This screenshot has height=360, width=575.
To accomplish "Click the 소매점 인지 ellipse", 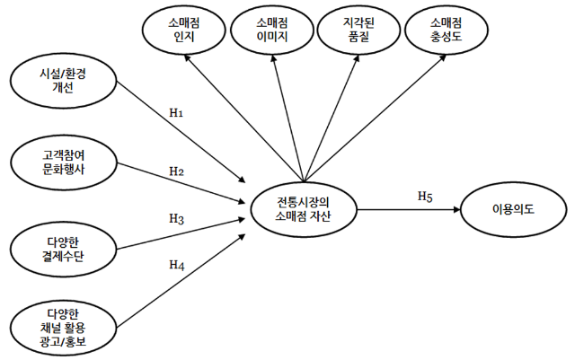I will [x=182, y=31].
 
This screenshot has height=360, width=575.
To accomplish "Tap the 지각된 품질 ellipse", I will [x=358, y=31].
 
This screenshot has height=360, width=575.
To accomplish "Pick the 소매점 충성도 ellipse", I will [x=447, y=31].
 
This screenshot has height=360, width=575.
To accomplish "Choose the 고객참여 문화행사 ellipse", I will [x=63, y=162].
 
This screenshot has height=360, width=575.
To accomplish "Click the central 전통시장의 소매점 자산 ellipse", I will [x=303, y=208].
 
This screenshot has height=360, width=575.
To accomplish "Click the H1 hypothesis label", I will [x=176, y=113].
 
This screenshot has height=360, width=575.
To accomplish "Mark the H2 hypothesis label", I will [x=176, y=171].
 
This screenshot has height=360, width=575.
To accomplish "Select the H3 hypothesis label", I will [x=176, y=218].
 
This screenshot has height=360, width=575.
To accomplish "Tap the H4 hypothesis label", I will [x=176, y=265].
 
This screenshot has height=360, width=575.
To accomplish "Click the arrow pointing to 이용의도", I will [x=409, y=208].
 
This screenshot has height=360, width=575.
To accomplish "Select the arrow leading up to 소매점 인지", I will [x=243, y=114].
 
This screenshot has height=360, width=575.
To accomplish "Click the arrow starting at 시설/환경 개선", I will [x=180, y=130].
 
